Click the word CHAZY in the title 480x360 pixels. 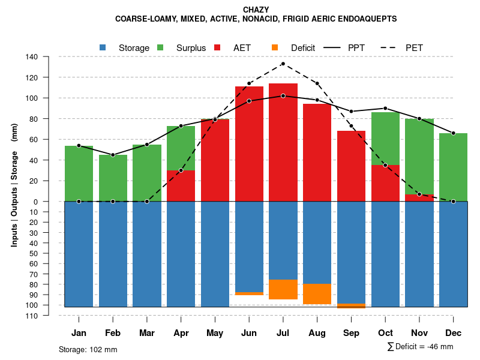click(x=256, y=10)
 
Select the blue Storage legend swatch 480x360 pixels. click(x=103, y=47)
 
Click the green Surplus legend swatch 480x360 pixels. click(x=161, y=47)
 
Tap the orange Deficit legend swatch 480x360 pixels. click(x=275, y=47)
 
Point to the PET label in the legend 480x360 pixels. click(x=414, y=47)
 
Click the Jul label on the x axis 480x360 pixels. click(x=283, y=333)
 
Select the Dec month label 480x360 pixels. click(x=454, y=333)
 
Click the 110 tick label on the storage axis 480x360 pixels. click(x=32, y=316)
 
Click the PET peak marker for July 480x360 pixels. click(x=283, y=64)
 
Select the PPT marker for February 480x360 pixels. click(x=113, y=155)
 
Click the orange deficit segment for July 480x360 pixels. click(x=283, y=289)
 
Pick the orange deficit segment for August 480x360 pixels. click(x=317, y=294)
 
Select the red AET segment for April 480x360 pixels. click(x=181, y=186)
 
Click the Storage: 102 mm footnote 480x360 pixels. click(x=88, y=349)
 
